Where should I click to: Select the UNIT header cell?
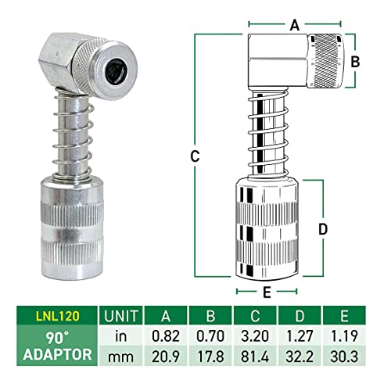tap(119, 315)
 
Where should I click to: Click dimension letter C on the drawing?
tap(194, 156)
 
